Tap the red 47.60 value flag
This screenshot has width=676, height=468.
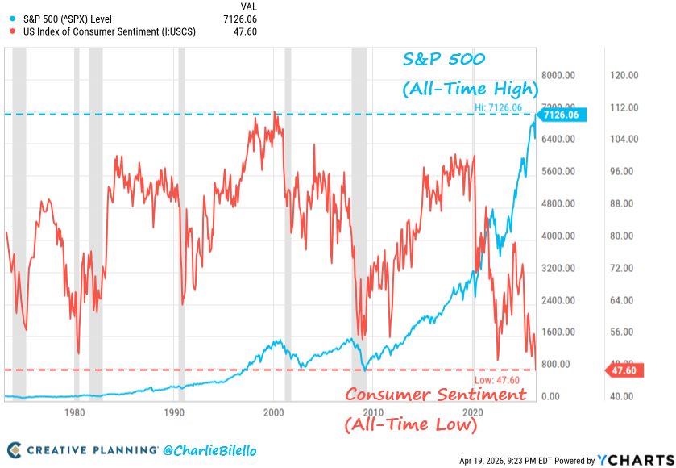624,370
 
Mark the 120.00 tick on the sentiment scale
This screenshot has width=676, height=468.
624,75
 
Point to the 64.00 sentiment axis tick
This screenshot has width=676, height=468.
622,300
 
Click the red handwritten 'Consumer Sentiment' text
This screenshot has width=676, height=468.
436,395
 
